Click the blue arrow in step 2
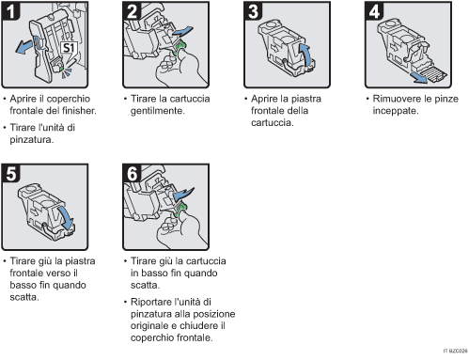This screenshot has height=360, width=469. (x=187, y=37)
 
